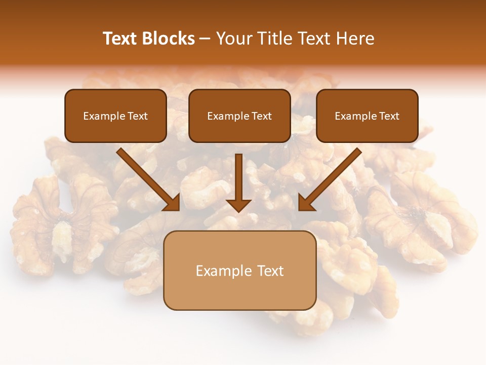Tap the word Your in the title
tap(234, 39)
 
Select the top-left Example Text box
tap(115, 116)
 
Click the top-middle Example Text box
tap(239, 116)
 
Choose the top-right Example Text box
tap(367, 116)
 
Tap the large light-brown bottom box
tap(239, 270)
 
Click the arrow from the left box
tap(147, 178)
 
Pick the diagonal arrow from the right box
tap(332, 178)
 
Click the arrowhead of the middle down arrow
tap(238, 205)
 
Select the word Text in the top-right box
tap(389, 116)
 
